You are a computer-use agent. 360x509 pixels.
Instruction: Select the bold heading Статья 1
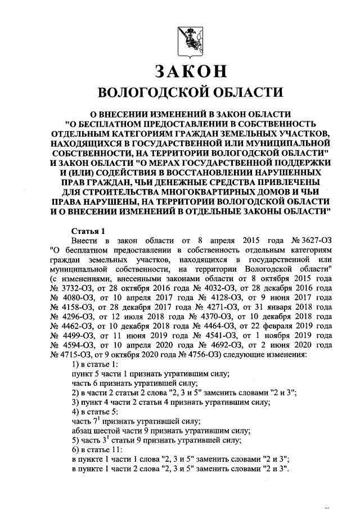click(x=88, y=231)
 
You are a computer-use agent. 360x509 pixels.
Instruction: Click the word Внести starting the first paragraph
click(x=85, y=241)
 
